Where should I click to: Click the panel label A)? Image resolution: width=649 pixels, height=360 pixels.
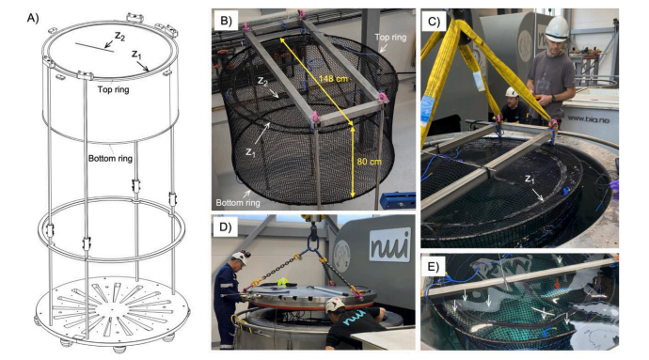click(x=33, y=18)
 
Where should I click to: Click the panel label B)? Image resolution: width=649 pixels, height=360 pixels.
click(x=226, y=21)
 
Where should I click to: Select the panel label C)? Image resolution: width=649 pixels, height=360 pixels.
click(x=434, y=21)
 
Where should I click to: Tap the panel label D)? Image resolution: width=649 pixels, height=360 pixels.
click(x=226, y=227)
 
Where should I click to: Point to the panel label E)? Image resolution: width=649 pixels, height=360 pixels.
click(x=434, y=267)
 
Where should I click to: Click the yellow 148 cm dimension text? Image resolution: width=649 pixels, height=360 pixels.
click(x=333, y=78)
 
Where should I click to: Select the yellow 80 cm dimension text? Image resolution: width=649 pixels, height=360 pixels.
click(x=370, y=162)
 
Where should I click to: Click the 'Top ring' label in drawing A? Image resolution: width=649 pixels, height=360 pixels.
click(x=114, y=89)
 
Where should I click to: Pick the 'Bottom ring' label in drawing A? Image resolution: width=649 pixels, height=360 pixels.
click(x=110, y=158)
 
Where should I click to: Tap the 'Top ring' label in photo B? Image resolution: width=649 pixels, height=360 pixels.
click(x=390, y=38)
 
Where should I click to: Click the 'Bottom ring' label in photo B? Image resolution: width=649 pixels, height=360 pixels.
click(x=238, y=202)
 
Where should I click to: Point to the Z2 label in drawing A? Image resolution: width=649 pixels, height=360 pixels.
click(x=119, y=37)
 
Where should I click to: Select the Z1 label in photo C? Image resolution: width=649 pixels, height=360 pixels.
click(x=530, y=180)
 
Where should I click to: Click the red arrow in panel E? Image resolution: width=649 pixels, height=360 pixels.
click(x=558, y=283)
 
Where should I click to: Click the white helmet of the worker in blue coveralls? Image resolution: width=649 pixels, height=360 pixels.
click(x=239, y=258)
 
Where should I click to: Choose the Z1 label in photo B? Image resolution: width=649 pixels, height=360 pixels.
click(x=250, y=152)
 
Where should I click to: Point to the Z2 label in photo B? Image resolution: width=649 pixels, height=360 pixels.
click(x=263, y=81)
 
